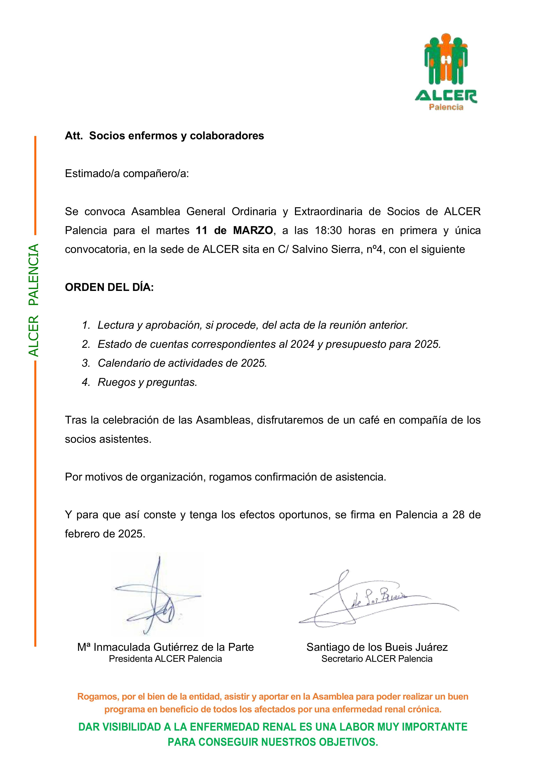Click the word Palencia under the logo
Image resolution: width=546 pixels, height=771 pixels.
[x=446, y=107]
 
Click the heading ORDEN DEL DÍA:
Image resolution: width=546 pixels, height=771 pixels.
[x=109, y=287]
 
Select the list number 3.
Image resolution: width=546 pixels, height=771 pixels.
[x=86, y=363]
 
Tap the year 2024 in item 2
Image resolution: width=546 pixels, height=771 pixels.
[x=302, y=344]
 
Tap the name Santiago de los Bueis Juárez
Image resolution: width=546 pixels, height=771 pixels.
[x=377, y=647]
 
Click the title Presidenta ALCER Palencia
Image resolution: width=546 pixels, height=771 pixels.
[x=165, y=659]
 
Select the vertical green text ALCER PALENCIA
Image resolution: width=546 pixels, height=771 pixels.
[x=34, y=300]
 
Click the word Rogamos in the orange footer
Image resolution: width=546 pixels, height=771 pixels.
[x=97, y=697]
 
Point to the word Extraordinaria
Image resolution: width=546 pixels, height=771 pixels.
[x=328, y=212]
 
